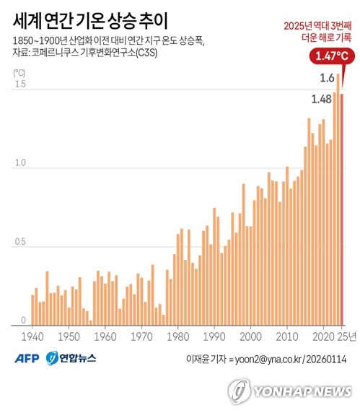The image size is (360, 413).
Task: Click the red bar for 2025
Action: (x=342, y=209)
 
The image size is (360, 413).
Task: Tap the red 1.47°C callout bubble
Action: (x=332, y=56)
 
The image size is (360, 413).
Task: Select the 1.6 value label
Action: (x=327, y=78)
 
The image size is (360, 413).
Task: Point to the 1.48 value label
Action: (x=321, y=100)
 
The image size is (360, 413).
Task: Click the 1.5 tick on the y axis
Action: (x=20, y=84)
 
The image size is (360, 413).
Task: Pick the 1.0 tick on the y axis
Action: (x=20, y=162)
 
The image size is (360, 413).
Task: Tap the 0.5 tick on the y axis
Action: (x=20, y=242)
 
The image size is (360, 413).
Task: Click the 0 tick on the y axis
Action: (x=23, y=321)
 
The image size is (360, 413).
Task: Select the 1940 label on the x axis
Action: (x=32, y=337)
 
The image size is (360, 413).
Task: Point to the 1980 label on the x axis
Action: (x=178, y=337)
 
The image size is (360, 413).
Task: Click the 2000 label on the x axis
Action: (x=251, y=337)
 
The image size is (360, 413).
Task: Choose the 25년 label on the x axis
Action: (x=346, y=336)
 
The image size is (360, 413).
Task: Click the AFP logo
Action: (x=27, y=358)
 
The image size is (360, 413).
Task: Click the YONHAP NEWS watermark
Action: (x=290, y=391)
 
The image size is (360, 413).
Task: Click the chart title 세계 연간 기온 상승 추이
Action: (x=90, y=21)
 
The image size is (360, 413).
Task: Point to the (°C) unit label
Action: (x=19, y=73)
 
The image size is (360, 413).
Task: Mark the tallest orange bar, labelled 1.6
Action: (x=338, y=200)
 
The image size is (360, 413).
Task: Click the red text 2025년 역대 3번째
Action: (x=317, y=26)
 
